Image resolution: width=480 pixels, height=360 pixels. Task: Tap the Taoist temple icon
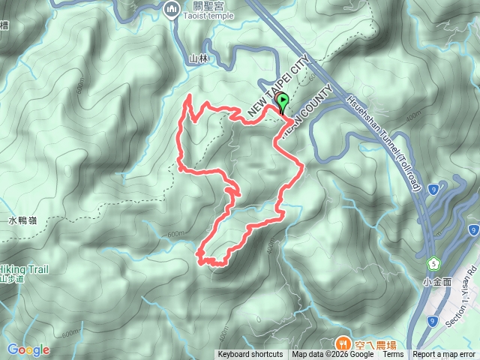[x=169, y=10]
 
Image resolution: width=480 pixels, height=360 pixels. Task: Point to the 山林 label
[x=198, y=58]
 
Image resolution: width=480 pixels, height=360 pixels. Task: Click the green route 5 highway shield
[x=433, y=263]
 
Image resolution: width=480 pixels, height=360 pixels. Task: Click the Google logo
[x=28, y=349]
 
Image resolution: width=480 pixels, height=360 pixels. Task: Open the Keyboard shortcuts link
[x=250, y=355]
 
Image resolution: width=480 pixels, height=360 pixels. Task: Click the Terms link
[x=392, y=355]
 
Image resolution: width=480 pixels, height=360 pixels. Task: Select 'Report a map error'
[x=445, y=355]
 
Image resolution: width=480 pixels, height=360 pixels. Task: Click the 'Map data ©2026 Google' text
[x=331, y=355]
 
